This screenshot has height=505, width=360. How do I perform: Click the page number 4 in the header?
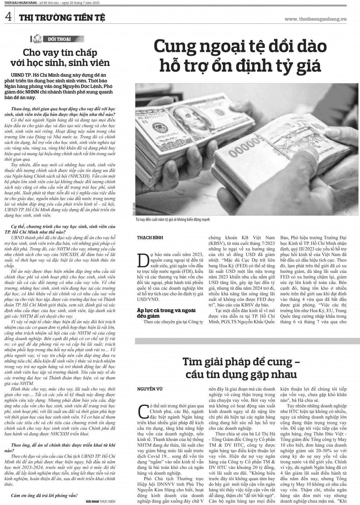pos(8,17)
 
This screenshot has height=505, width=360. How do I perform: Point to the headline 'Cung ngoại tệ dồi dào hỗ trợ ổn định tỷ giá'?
pos(240,56)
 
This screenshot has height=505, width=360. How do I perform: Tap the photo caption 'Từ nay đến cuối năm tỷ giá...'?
pos(172,220)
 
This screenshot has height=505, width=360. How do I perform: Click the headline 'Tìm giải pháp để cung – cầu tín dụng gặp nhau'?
pos(241,368)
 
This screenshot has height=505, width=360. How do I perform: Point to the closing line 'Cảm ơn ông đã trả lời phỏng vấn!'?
pos(44,495)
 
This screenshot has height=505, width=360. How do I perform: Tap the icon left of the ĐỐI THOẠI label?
pos(37,39)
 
